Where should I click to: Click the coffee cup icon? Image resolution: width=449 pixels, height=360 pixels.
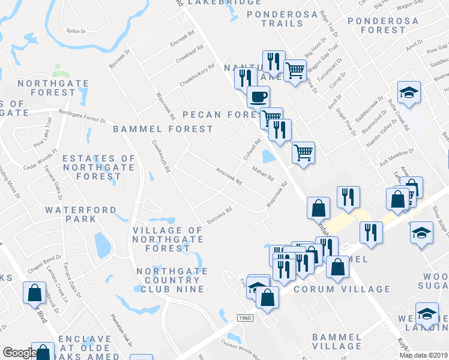(x=258, y=96)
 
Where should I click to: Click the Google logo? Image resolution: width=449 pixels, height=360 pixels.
(x=20, y=353)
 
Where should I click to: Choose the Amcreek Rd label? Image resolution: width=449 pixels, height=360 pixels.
(x=228, y=176)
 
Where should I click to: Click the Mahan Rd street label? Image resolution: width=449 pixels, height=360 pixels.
(x=263, y=174)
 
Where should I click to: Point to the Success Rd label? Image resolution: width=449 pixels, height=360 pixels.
(x=220, y=214)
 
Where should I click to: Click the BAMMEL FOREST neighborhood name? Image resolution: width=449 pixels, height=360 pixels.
(x=163, y=128)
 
